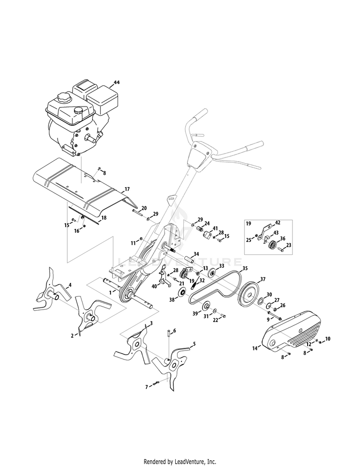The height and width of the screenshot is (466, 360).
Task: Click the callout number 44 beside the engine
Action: pyautogui.click(x=116, y=83)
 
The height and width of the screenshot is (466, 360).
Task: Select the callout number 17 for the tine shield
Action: pyautogui.click(x=127, y=189)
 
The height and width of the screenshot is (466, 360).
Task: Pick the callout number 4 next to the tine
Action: pyautogui.click(x=70, y=285)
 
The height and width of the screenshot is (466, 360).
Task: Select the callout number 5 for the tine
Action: pyautogui.click(x=194, y=344)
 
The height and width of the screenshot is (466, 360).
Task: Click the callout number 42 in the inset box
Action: pyautogui.click(x=278, y=223)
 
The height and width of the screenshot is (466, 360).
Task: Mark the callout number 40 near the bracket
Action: pyautogui.click(x=154, y=286)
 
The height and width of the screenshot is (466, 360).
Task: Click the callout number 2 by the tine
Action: pyautogui.click(x=72, y=335)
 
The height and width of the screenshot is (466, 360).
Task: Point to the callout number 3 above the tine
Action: pyautogui.click(x=151, y=324)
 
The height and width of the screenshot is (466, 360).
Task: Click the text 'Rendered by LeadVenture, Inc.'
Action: pyautogui.click(x=180, y=462)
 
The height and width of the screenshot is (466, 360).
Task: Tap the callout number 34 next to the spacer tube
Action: pyautogui.click(x=196, y=254)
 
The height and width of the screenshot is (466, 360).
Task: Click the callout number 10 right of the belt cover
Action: pyautogui.click(x=328, y=339)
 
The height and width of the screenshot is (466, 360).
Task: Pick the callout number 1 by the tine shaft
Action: pyautogui.click(x=110, y=291)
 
